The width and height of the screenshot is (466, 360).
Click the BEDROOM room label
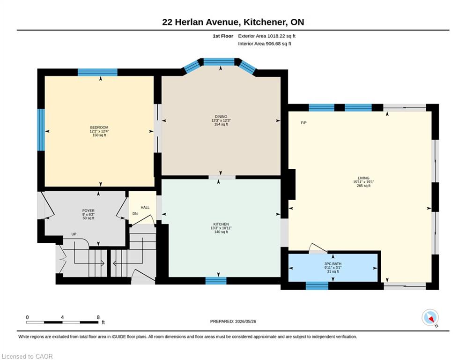pyautogui.click(x=99, y=127)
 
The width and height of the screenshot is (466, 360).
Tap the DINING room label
pyautogui.click(x=221, y=117)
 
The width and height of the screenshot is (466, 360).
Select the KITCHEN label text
pyautogui.click(x=221, y=224)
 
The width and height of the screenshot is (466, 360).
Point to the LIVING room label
pyautogui.click(x=363, y=178)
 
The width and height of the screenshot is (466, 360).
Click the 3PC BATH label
pyautogui.click(x=333, y=263)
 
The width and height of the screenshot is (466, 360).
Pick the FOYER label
pyautogui.click(x=88, y=210)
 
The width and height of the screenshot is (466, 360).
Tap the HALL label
pyautogui.click(x=145, y=207)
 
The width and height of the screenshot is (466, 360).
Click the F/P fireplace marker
pyautogui.click(x=304, y=123)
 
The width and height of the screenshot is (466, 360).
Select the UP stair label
pyautogui.click(x=74, y=234)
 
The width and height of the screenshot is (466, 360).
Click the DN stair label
pyautogui.click(x=135, y=214)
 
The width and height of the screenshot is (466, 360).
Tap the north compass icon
pyautogui.click(x=430, y=317)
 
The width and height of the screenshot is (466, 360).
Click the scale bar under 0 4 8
pyautogui.click(x=63, y=322)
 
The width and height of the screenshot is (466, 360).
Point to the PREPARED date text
pyautogui.click(x=233, y=321)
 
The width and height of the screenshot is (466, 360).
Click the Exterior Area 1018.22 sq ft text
pyautogui.click(x=266, y=36)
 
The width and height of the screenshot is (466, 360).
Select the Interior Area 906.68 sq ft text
pyautogui.click(x=265, y=44)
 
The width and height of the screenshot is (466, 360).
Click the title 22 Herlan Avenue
pyautogui.click(x=200, y=22)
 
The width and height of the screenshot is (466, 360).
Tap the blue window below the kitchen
pyautogui.click(x=216, y=281)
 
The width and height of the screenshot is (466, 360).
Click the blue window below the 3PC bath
pyautogui.click(x=317, y=285)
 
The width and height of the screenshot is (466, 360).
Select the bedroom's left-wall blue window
pyautogui.click(x=41, y=130)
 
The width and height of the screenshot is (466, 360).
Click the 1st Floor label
pyautogui.click(x=223, y=36)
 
